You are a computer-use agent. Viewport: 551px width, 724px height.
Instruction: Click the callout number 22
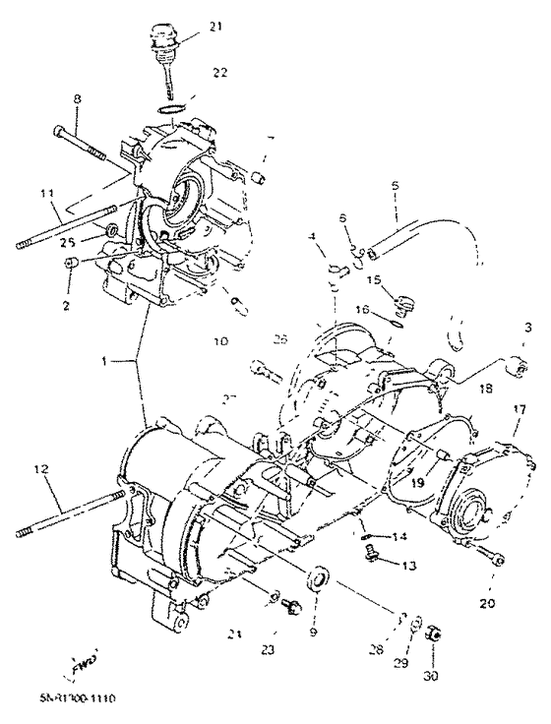[x=219, y=72]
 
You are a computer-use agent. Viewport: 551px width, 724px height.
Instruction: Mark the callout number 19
[x=417, y=483]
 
